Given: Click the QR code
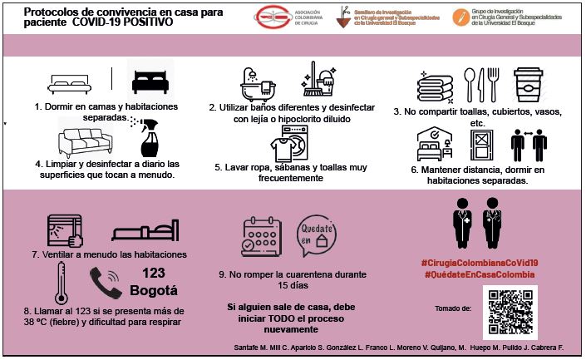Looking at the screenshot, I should pyautogui.click(x=510, y=313).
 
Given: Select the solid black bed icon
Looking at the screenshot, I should pyautogui.click(x=155, y=81).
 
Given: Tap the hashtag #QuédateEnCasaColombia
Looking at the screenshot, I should pyautogui.click(x=478, y=274).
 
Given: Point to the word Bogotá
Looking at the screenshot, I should pyautogui.click(x=155, y=291).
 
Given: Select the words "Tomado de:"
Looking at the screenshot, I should pyautogui.click(x=453, y=308).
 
